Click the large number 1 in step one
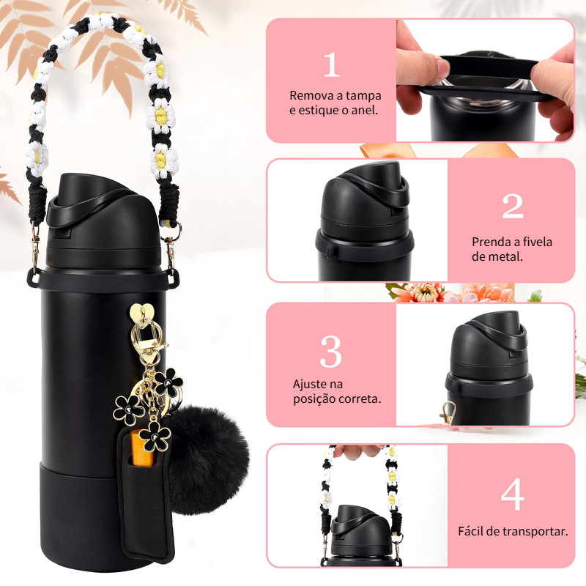[332, 64]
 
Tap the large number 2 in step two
[513, 206]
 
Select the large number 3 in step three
[331, 352]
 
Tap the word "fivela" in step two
[537, 242]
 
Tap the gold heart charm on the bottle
[141, 311]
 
